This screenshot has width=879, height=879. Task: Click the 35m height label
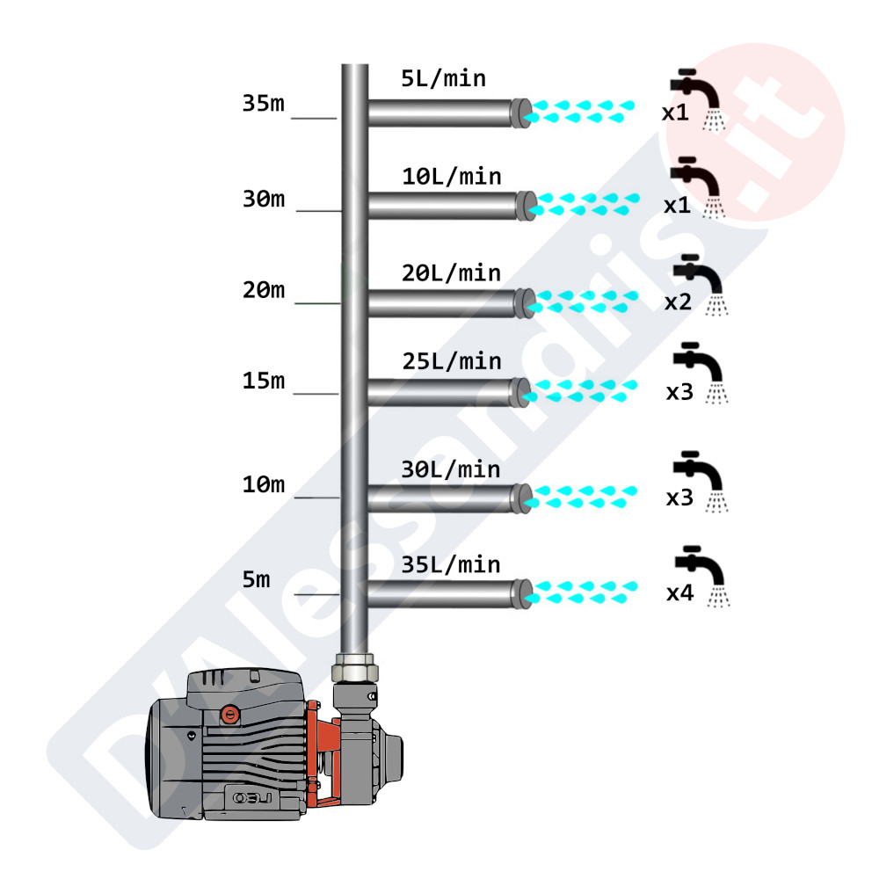click(264, 103)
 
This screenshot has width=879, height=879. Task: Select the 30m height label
click(264, 199)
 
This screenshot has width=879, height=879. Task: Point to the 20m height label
click(264, 290)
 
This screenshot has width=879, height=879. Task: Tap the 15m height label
click(264, 381)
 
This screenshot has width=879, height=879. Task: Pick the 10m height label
click(264, 484)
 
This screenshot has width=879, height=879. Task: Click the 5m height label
click(256, 579)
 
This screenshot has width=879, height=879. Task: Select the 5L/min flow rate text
click(443, 78)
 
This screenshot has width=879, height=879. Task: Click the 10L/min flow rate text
click(451, 177)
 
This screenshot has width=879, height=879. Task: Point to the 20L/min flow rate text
click(451, 273)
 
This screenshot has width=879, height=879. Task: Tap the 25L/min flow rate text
click(451, 361)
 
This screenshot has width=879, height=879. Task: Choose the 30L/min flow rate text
click(451, 469)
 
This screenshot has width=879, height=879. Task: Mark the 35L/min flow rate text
click(451, 564)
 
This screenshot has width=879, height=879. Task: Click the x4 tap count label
click(680, 592)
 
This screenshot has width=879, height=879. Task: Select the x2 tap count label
click(679, 302)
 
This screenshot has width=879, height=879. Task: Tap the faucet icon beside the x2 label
click(701, 284)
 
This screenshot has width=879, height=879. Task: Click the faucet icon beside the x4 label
click(702, 577)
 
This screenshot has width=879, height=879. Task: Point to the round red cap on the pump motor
click(229, 715)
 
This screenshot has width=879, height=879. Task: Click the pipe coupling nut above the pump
click(355, 668)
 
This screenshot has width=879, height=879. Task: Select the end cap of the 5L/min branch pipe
click(520, 113)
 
